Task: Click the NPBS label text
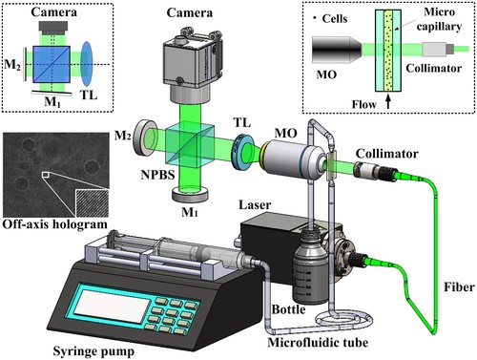point(157,175)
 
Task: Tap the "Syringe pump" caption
point(93,351)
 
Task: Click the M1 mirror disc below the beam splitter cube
point(190,194)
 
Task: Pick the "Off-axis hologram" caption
point(54,224)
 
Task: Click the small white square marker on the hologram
point(46,175)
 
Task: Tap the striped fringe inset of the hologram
point(92,203)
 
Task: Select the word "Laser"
point(255,204)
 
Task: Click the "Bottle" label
point(288,309)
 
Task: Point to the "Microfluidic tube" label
point(318,343)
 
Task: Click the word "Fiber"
point(459,287)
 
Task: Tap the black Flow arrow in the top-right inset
point(387,103)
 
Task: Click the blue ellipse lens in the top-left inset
point(87,64)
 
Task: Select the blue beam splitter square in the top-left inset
point(52,64)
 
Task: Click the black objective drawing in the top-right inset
point(337,50)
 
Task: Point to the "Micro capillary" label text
point(439,19)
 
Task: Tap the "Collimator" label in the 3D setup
point(386,154)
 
